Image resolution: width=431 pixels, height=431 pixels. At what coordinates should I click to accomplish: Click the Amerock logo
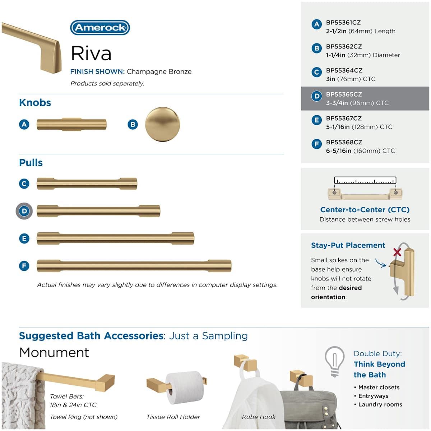click(x=100, y=28)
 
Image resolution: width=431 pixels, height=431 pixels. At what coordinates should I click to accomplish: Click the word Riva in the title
click(x=91, y=54)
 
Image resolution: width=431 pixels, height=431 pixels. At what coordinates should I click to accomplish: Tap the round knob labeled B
click(x=162, y=124)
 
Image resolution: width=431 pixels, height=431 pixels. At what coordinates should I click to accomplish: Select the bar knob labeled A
click(x=71, y=124)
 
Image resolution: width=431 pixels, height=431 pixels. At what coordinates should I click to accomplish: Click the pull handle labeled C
click(x=87, y=184)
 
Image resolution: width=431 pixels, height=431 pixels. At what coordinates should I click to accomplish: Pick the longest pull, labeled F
click(x=134, y=266)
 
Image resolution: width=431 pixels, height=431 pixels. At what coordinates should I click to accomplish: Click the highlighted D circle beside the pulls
click(x=24, y=211)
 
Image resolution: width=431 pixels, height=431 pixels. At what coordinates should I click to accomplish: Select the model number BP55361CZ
click(x=343, y=23)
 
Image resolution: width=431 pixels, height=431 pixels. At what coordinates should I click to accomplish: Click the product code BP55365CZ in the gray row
click(x=344, y=94)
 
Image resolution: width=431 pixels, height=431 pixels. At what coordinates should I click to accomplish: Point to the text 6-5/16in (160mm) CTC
click(x=360, y=151)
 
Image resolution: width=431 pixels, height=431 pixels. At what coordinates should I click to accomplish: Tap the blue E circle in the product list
click(x=316, y=120)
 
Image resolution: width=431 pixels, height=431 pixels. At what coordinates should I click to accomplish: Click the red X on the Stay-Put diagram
click(x=397, y=252)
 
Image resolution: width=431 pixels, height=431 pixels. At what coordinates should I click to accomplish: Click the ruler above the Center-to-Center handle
click(x=365, y=181)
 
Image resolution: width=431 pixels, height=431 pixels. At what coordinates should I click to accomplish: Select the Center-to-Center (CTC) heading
click(x=365, y=210)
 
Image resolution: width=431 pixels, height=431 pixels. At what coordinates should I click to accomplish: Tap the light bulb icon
click(x=335, y=361)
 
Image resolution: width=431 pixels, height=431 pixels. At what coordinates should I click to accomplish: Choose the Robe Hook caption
click(x=259, y=417)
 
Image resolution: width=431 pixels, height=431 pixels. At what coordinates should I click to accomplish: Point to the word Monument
click(x=54, y=353)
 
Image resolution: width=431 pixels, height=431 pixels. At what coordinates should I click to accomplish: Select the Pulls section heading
click(x=31, y=163)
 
